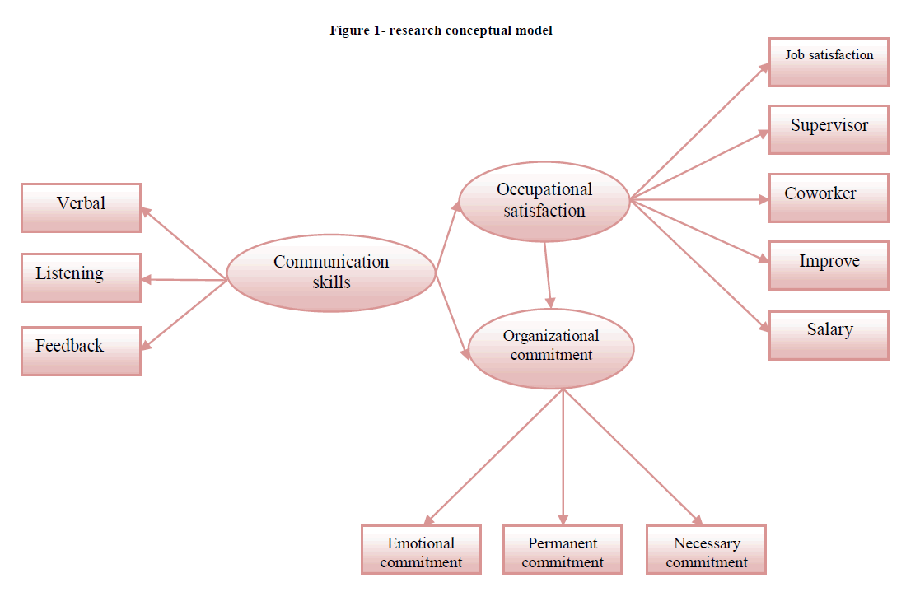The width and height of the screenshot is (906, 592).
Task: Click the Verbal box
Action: [x=81, y=207]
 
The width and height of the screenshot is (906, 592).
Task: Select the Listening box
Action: [x=81, y=277]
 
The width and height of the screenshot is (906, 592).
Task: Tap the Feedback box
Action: [x=81, y=351]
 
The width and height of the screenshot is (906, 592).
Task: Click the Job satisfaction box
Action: [x=829, y=62]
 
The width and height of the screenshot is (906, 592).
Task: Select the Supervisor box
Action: [x=829, y=129]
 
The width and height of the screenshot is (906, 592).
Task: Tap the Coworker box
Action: [x=829, y=198]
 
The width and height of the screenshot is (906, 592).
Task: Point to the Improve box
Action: [x=829, y=265]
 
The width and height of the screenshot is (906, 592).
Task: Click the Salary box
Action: [x=829, y=334]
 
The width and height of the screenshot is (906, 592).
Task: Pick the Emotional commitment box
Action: [x=421, y=549]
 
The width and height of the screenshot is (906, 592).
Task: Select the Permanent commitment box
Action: [x=563, y=549]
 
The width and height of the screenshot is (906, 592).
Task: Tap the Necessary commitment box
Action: [x=706, y=549]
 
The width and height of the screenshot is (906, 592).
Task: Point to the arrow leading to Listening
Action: [x=184, y=280]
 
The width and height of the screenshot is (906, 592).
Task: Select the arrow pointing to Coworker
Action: [x=700, y=199]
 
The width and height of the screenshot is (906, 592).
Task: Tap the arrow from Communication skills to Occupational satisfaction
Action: [x=448, y=238]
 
